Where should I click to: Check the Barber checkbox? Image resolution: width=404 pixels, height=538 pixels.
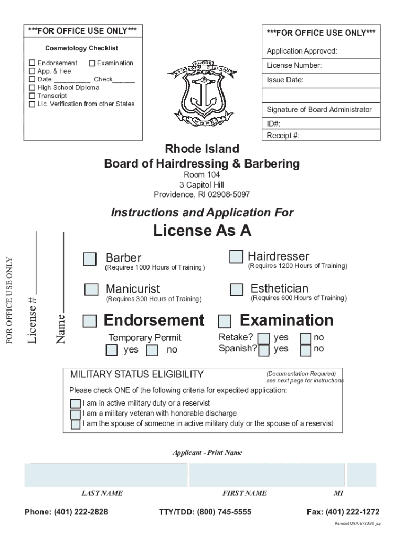(x=90, y=259)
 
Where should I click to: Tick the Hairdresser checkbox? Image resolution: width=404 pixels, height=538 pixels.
(x=236, y=256)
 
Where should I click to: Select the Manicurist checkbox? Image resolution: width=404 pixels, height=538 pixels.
(x=92, y=289)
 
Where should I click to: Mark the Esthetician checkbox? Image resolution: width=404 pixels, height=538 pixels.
(x=237, y=289)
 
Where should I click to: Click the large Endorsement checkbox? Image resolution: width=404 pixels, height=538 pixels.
(x=90, y=321)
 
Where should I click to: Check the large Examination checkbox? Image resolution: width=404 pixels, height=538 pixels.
(x=225, y=321)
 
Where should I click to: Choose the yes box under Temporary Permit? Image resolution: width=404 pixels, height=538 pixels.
(x=112, y=350)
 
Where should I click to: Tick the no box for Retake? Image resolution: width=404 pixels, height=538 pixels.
(x=306, y=338)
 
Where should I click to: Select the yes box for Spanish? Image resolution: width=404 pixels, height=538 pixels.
(x=264, y=349)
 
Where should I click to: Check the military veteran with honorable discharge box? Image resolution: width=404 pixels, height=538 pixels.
(x=76, y=414)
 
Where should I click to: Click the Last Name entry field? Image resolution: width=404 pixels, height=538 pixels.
(x=106, y=475)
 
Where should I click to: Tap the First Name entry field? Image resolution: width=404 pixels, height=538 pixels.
(x=267, y=475)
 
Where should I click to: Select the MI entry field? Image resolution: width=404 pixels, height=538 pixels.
(x=362, y=475)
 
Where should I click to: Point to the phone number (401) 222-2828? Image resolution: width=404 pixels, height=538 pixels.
(x=66, y=512)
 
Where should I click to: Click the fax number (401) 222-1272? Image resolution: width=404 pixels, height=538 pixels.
(x=343, y=512)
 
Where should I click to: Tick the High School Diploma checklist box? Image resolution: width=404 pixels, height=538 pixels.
(x=33, y=88)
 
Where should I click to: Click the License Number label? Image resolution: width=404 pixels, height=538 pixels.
(x=294, y=66)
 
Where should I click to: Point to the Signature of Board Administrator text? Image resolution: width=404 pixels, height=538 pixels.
(x=319, y=110)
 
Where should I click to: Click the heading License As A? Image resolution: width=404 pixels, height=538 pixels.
(x=202, y=231)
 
